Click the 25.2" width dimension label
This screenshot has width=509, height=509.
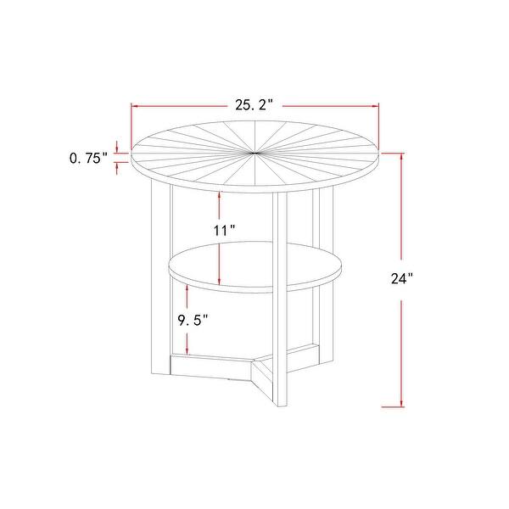[253, 105]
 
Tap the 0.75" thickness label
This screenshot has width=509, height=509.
[87, 158]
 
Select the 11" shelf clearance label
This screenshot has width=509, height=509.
[222, 229]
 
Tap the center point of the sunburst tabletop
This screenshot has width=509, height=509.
[255, 154]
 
